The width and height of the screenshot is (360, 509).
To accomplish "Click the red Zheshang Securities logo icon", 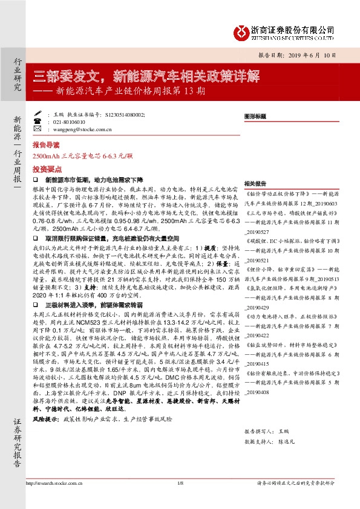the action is point(241,31).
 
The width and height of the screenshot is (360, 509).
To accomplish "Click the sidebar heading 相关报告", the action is point(255,183).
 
